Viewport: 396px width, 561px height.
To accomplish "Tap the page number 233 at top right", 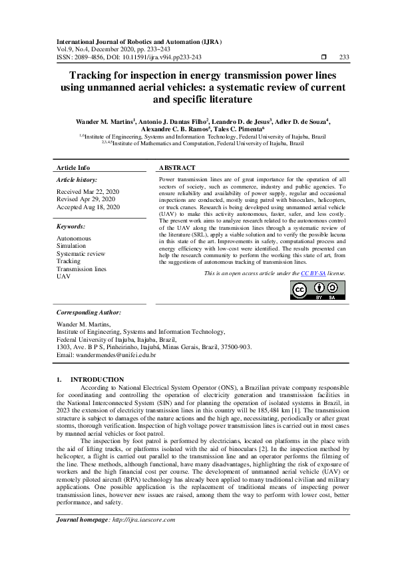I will click(344, 58).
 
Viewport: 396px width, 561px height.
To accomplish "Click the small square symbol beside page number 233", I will click(323, 58).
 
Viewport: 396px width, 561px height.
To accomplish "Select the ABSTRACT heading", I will click(178, 168).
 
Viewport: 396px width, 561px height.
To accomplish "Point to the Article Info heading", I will click(73, 168).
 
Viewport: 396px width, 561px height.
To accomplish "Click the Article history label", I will click(77, 180).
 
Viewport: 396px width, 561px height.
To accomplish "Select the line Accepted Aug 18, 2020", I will click(88, 207).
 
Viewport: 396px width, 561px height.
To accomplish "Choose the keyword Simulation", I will click(71, 246).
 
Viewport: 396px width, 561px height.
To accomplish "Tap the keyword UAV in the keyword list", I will click(63, 276).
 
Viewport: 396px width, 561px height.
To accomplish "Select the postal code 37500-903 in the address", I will click(236, 347).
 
